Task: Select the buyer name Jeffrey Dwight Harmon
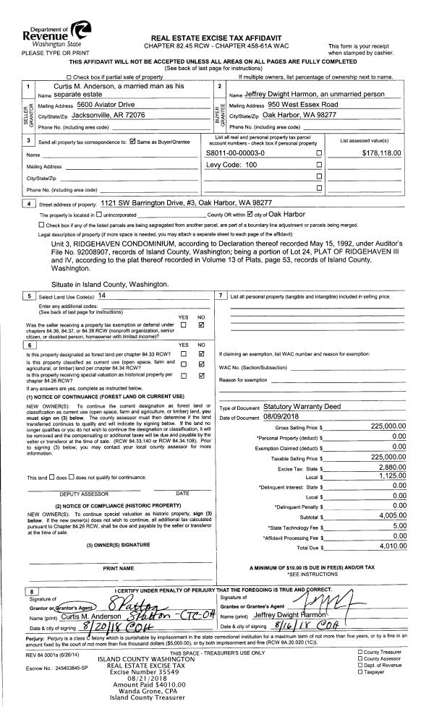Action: tap(311, 95)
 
